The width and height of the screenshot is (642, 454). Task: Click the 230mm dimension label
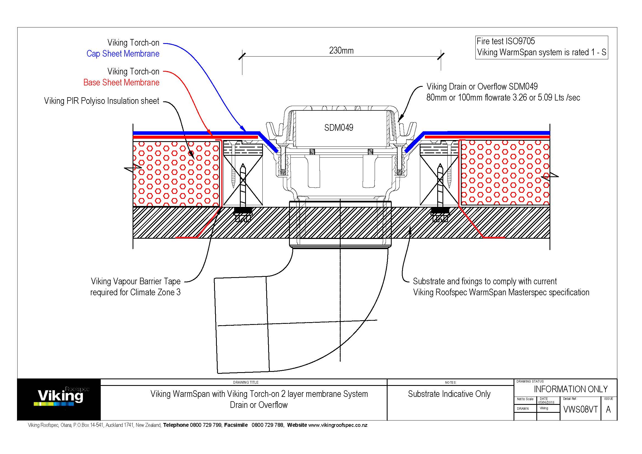click(x=341, y=51)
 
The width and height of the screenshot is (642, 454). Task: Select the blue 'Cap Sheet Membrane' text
click(x=123, y=54)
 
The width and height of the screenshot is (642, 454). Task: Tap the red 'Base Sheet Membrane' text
click(x=121, y=82)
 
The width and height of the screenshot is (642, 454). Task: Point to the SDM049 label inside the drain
click(x=339, y=128)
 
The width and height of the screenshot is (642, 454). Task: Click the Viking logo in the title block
click(x=61, y=396)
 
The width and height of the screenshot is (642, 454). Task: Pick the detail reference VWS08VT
click(x=580, y=410)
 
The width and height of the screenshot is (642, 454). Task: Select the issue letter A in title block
click(x=608, y=410)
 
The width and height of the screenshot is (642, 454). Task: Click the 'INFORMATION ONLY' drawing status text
click(x=570, y=389)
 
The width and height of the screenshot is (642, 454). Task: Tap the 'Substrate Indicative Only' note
click(x=449, y=394)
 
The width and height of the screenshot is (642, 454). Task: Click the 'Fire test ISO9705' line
click(x=506, y=41)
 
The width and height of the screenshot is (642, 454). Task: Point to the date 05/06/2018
click(x=546, y=403)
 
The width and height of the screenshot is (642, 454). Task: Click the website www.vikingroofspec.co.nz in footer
click(x=338, y=425)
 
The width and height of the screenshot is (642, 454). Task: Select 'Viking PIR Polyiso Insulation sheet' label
click(x=102, y=101)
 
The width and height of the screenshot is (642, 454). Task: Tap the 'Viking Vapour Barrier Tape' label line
click(x=136, y=281)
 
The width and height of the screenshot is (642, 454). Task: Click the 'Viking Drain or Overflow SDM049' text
click(x=482, y=87)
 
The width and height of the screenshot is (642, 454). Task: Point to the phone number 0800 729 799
click(x=206, y=425)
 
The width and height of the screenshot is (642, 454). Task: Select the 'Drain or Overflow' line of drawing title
click(x=259, y=405)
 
